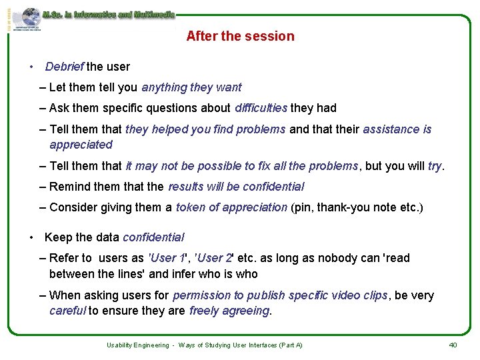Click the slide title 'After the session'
point(240,36)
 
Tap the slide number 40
point(453,345)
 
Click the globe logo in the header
point(31,17)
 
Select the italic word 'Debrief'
point(64,67)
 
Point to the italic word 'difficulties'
point(261,108)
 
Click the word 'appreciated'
point(81,145)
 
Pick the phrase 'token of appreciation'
point(231,207)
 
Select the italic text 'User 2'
point(215,258)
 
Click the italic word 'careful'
point(67,310)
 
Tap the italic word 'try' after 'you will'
point(435,166)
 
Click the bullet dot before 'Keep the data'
point(31,237)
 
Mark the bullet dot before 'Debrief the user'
point(31,67)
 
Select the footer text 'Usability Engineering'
point(137,345)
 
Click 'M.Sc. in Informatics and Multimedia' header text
point(108,14)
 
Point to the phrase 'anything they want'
point(191,87)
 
